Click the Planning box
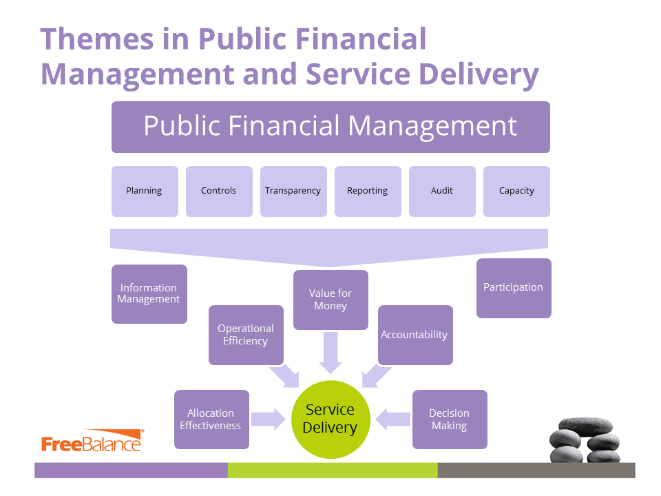(x=145, y=192)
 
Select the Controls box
(x=219, y=192)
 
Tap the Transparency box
(x=293, y=192)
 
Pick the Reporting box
(x=368, y=192)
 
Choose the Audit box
(x=442, y=192)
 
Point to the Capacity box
(x=516, y=192)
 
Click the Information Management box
(x=149, y=294)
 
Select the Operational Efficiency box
(x=246, y=335)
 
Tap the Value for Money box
(x=331, y=300)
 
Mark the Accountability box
(x=416, y=335)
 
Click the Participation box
(x=514, y=288)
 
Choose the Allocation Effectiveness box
(x=211, y=420)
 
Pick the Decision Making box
(x=450, y=420)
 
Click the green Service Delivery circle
(x=331, y=420)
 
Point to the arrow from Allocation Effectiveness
(x=269, y=420)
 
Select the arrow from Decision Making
(x=393, y=420)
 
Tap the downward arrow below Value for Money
(x=330, y=353)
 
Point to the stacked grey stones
(x=585, y=440)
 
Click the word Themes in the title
(x=97, y=39)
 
